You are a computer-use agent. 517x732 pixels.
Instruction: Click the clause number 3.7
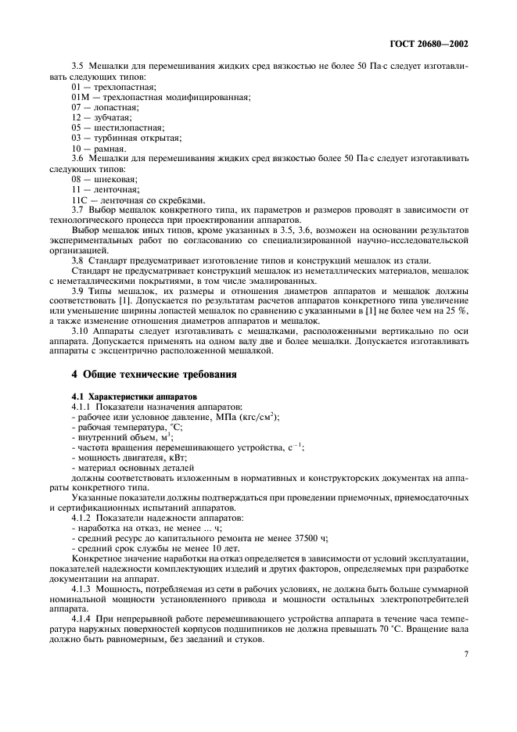click(x=78, y=209)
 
